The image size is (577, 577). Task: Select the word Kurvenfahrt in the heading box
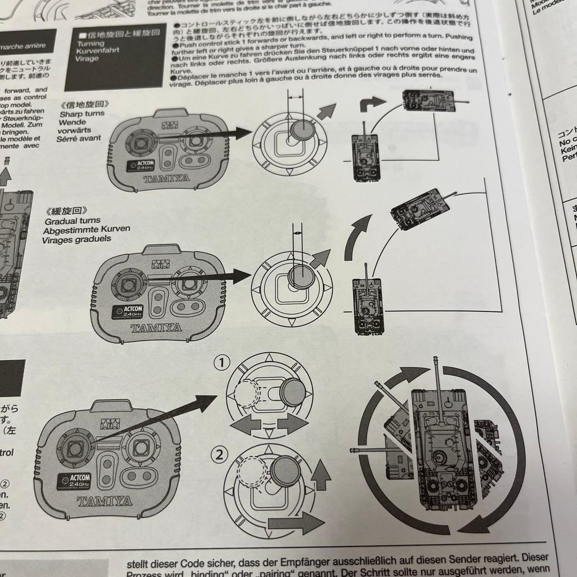coord(98,51)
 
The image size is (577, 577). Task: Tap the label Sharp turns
coord(82,114)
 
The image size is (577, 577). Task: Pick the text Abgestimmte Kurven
coord(87,230)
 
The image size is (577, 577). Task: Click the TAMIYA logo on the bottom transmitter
coord(105,501)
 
